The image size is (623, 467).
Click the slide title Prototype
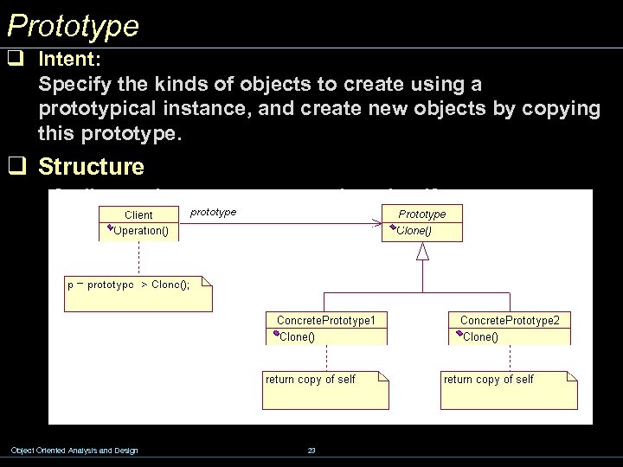73,25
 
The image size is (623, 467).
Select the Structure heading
92,165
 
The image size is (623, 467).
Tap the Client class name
139,214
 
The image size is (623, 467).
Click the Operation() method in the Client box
142,231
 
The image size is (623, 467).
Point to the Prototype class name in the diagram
422,214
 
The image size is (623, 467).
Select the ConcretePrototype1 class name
326,320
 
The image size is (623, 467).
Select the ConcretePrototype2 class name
510,320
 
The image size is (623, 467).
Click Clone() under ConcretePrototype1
297,336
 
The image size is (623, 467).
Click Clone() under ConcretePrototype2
480,336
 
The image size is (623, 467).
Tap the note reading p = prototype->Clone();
138,285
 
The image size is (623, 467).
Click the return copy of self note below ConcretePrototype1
311,380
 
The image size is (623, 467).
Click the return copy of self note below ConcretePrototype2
489,380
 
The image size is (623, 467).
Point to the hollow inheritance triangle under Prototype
422,251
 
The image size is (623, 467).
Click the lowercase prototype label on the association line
213,211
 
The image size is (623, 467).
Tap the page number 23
311,450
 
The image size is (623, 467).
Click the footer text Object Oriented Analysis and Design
74,450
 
